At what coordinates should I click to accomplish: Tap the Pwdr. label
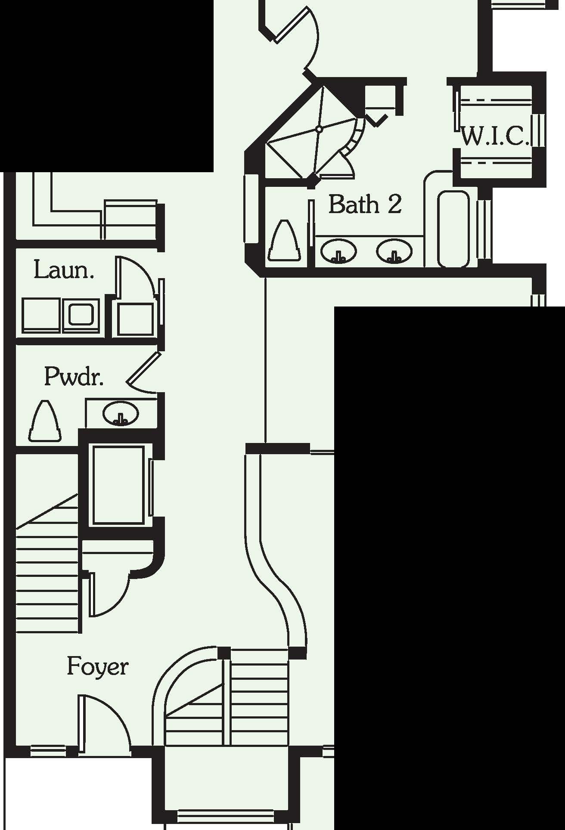click(x=74, y=377)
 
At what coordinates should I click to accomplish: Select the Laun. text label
click(x=64, y=270)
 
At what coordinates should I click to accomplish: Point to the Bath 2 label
click(x=365, y=204)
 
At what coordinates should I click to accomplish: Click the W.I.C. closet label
click(x=495, y=136)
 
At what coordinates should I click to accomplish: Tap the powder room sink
click(x=121, y=414)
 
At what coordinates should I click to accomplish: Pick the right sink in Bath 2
click(x=394, y=251)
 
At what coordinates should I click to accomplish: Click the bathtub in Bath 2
click(x=453, y=228)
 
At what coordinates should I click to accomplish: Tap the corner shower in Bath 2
click(x=314, y=133)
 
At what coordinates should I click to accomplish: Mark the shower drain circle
click(x=319, y=129)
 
